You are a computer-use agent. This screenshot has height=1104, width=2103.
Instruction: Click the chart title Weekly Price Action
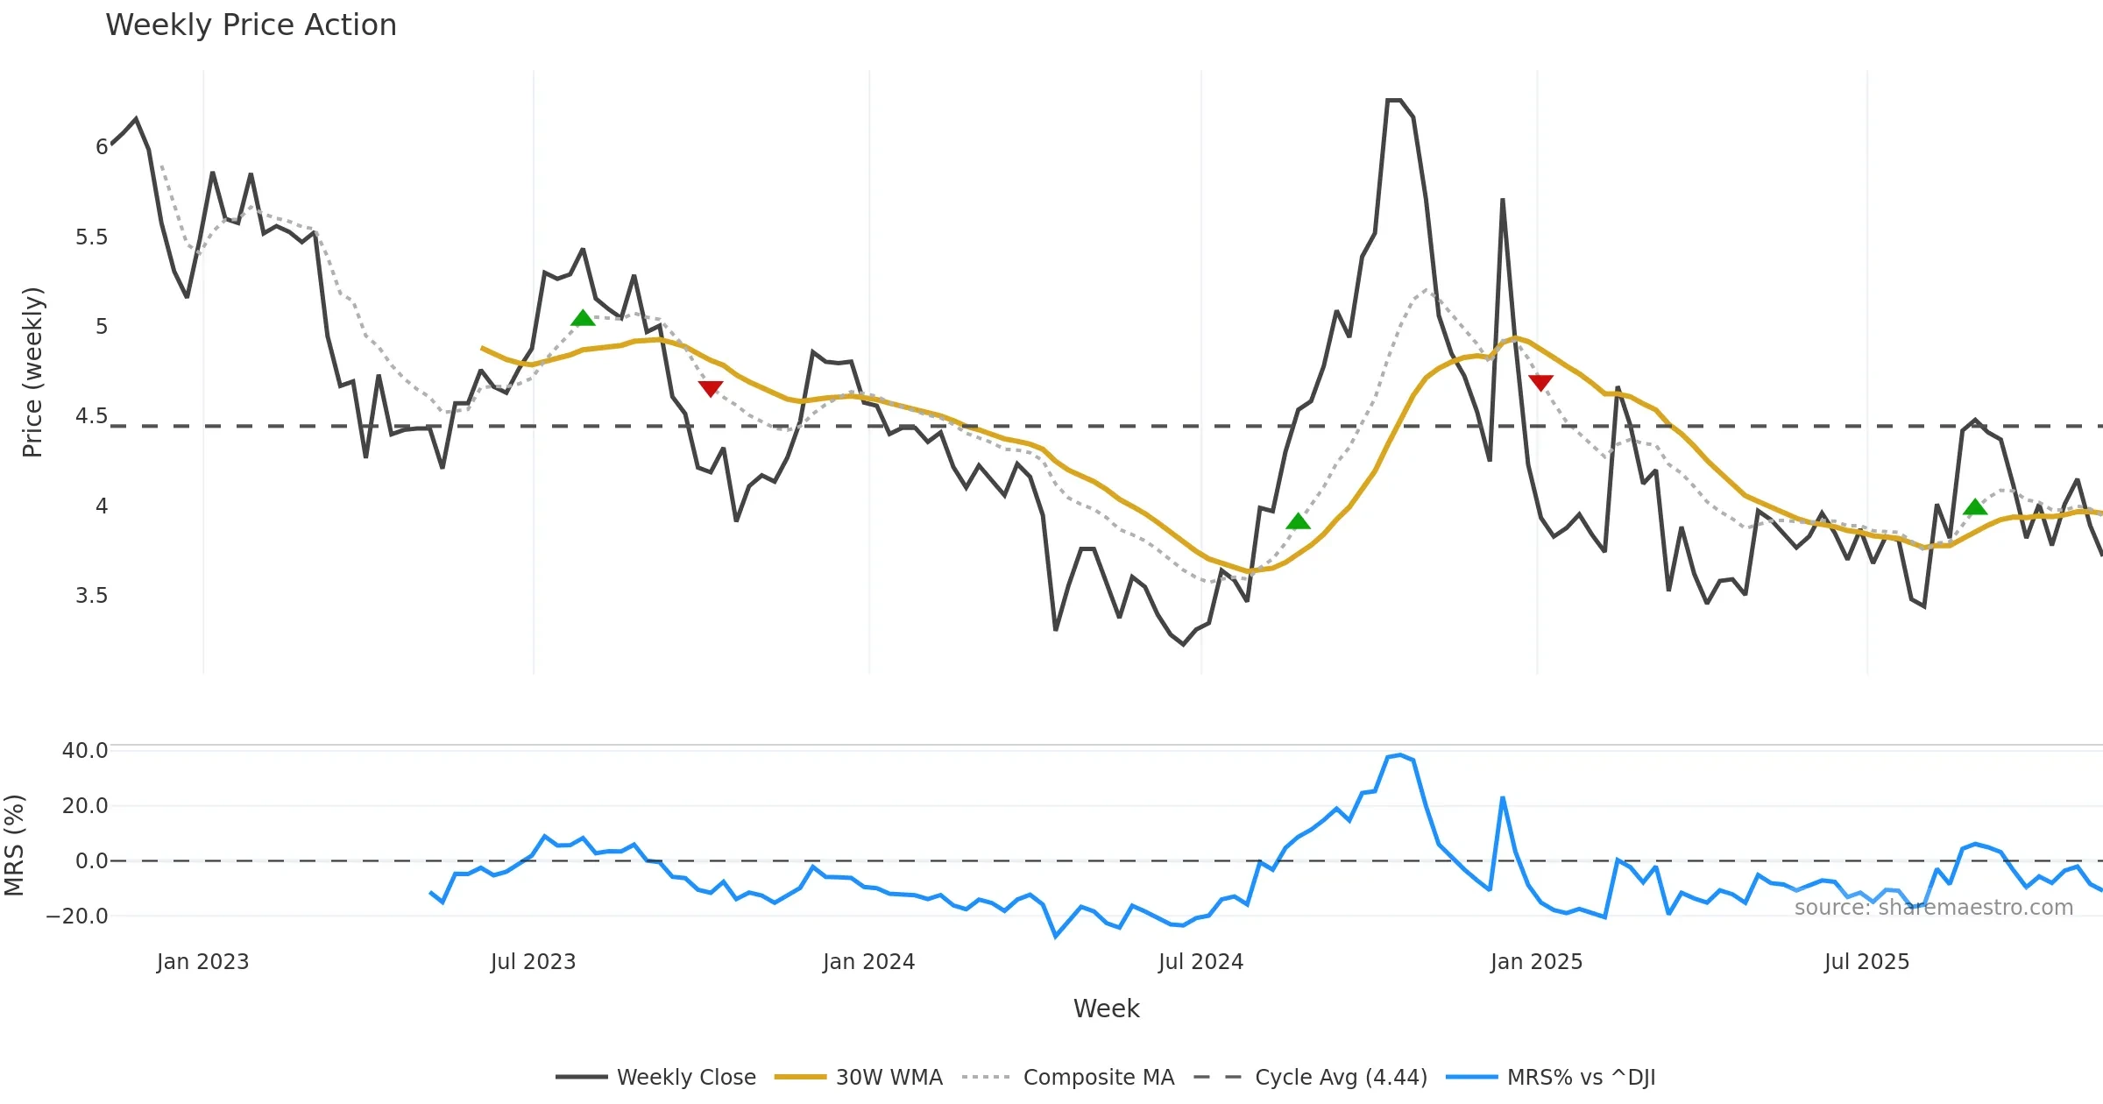[251, 25]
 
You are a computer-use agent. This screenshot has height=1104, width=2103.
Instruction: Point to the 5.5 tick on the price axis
[91, 237]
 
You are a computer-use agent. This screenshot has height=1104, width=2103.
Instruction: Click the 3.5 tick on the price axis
[91, 596]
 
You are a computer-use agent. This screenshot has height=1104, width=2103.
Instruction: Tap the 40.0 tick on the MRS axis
[85, 751]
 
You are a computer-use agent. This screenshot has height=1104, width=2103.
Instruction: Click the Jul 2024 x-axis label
[1200, 962]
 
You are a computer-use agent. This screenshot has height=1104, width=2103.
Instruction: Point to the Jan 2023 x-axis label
[202, 962]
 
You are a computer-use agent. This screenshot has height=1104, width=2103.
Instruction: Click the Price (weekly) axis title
[32, 372]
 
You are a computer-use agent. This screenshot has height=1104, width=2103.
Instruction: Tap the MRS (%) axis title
[14, 845]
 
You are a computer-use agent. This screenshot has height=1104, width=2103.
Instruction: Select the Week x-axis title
[1106, 1008]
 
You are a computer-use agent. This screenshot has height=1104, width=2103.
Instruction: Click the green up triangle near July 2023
[583, 318]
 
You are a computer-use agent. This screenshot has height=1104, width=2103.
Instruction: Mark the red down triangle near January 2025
[1540, 383]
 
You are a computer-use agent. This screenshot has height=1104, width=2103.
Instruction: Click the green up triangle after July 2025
[1975, 507]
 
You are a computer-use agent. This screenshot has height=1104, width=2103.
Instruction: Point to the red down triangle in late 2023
[711, 388]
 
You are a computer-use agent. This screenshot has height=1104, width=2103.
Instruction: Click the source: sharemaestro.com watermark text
[1933, 908]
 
